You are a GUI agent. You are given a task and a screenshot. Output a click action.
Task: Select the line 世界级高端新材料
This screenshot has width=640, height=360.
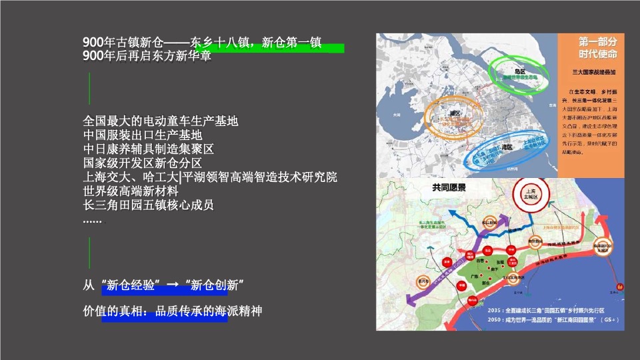coord(131,191)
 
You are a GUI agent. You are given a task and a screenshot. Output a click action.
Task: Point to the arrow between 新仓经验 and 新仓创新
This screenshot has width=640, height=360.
coord(172,285)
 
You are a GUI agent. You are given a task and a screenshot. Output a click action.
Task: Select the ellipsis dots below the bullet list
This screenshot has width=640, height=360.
coord(93,220)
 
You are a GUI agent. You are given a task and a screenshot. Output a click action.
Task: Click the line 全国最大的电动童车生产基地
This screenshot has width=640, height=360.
coord(160,121)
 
